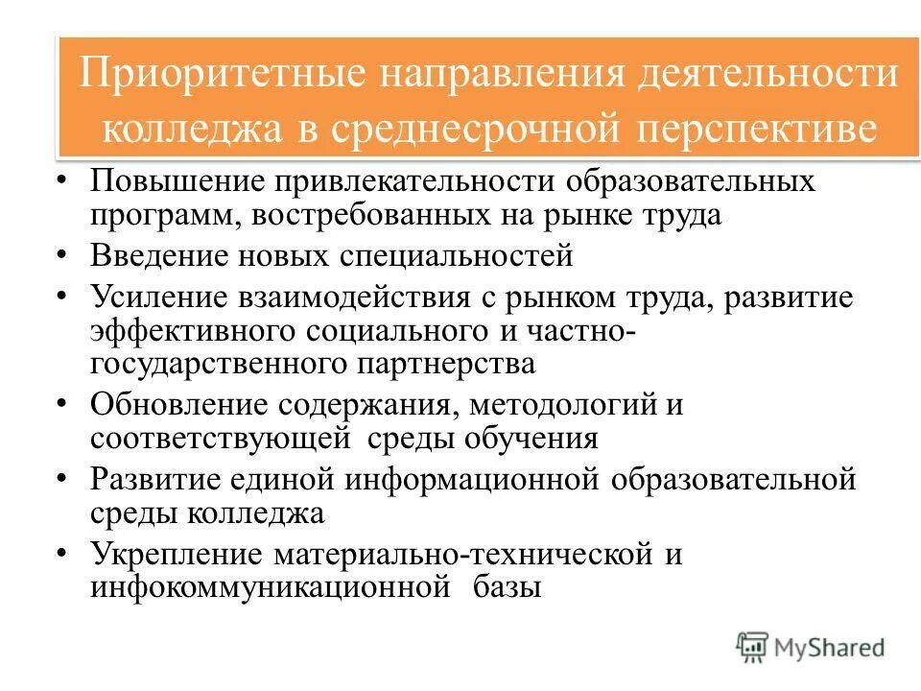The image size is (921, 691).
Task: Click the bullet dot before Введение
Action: [x=62, y=256]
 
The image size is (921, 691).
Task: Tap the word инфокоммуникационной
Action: [x=271, y=586]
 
